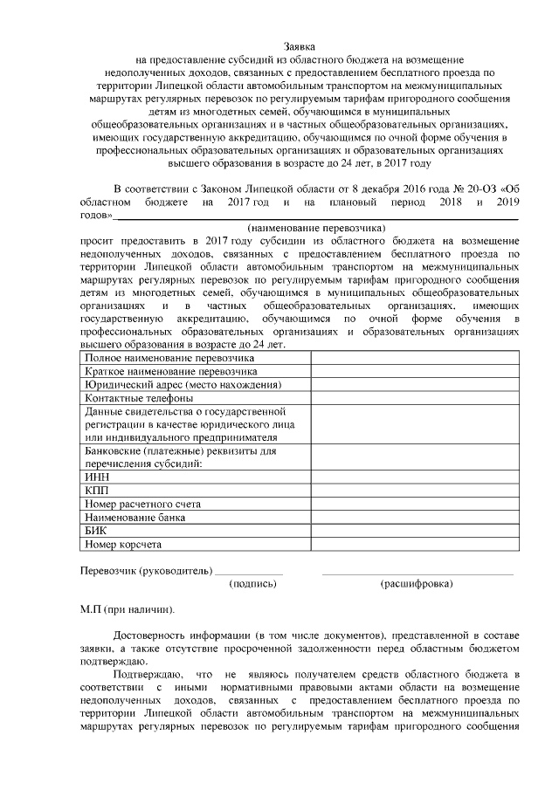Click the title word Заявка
298,45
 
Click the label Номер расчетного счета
143,505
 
